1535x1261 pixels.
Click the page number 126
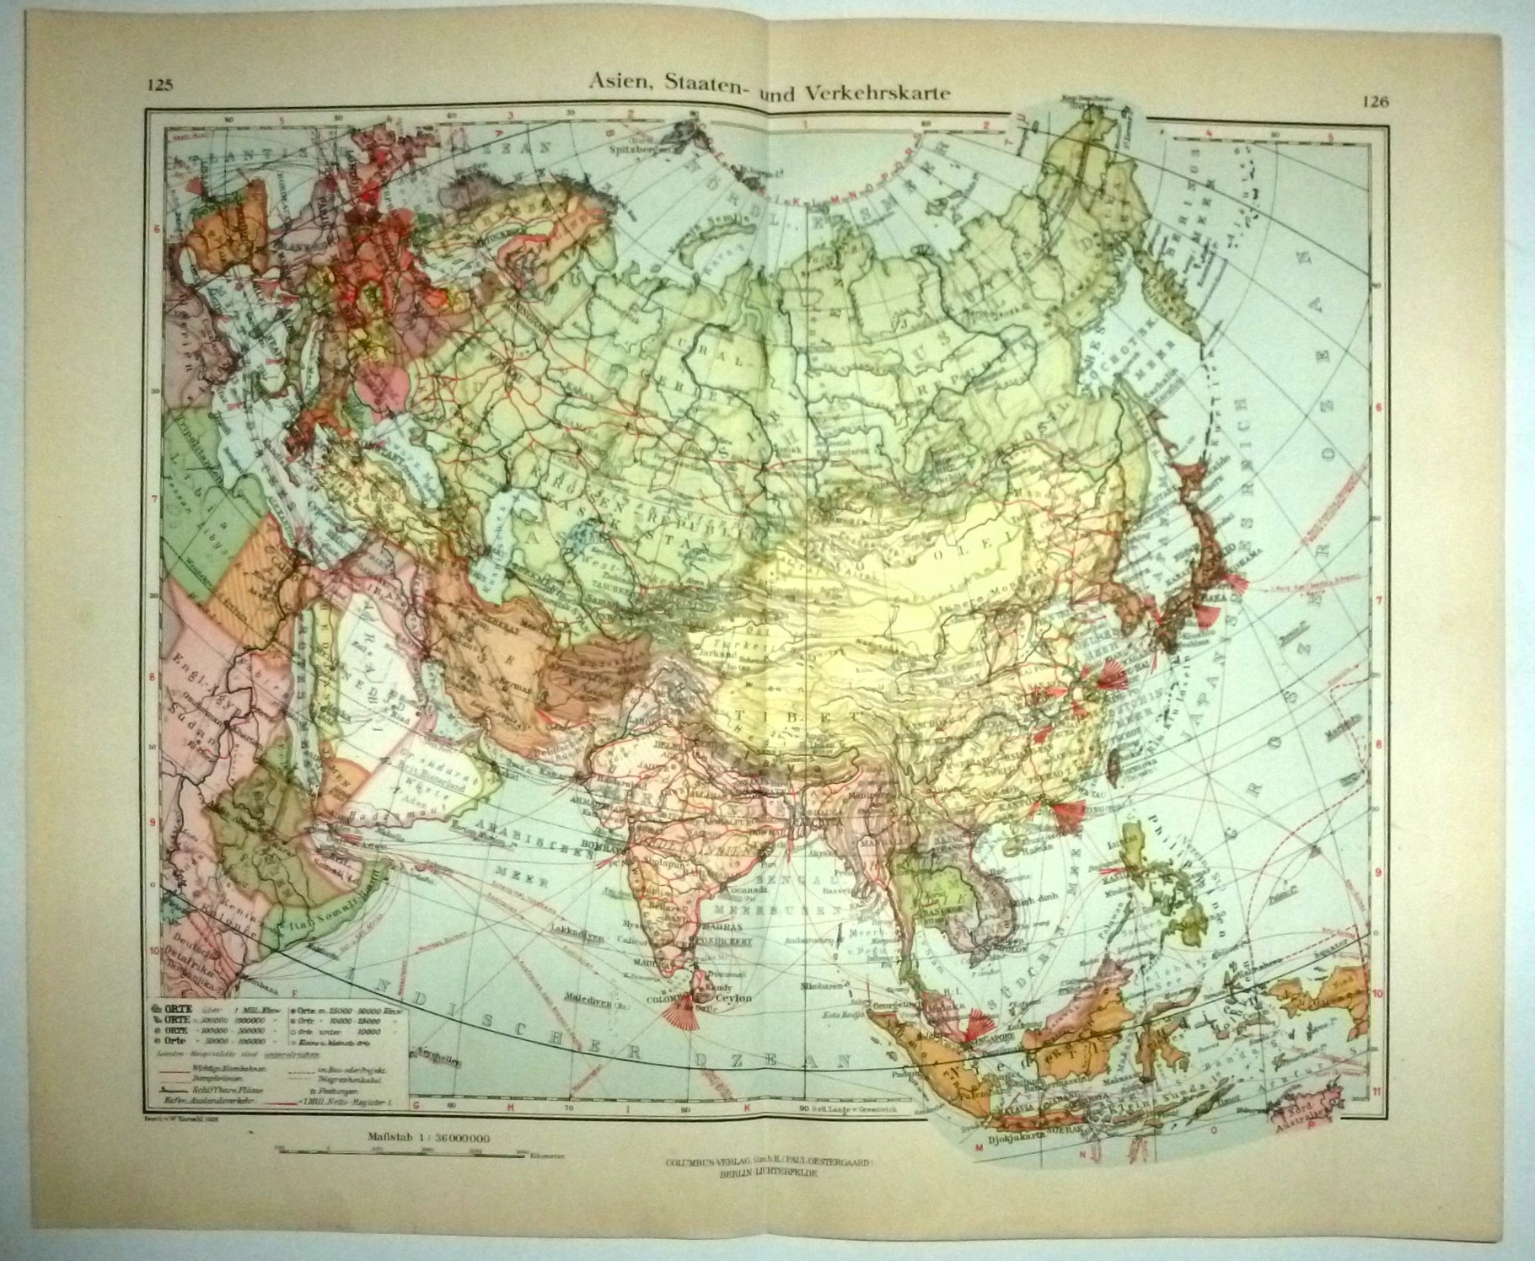click(x=1374, y=102)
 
